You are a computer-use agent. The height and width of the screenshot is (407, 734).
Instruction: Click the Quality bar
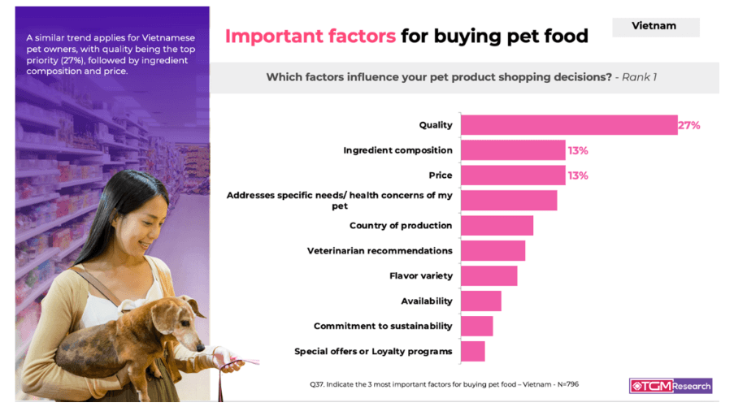pos(569,125)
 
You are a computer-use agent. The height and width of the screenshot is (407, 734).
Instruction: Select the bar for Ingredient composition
pos(513,150)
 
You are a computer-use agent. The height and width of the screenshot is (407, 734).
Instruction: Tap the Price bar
pos(513,175)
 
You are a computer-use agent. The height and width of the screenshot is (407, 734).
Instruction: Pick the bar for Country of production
pos(497,226)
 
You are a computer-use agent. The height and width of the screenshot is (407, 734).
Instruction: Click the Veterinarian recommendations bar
pos(493,251)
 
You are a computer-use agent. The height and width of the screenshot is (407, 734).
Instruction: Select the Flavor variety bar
pos(489,276)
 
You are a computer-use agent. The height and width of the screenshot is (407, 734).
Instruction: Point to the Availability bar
pos(480,301)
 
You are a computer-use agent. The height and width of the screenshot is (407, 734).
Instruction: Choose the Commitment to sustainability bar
pos(476,326)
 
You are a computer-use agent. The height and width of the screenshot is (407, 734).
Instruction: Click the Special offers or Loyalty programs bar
pos(473,351)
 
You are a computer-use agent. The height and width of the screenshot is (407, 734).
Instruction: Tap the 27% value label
pos(689,125)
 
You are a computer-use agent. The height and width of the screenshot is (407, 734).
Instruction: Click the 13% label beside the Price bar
pos(578,175)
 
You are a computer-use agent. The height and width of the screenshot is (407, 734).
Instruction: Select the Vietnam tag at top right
pos(655,27)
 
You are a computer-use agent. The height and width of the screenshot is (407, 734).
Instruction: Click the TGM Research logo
pos(671,386)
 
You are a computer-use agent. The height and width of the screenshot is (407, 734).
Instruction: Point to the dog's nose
pos(200,348)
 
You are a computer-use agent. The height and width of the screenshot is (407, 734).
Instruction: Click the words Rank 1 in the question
pos(639,77)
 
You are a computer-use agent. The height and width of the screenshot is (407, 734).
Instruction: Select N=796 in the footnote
pos(568,384)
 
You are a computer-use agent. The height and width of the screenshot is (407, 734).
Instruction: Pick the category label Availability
pos(427,301)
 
